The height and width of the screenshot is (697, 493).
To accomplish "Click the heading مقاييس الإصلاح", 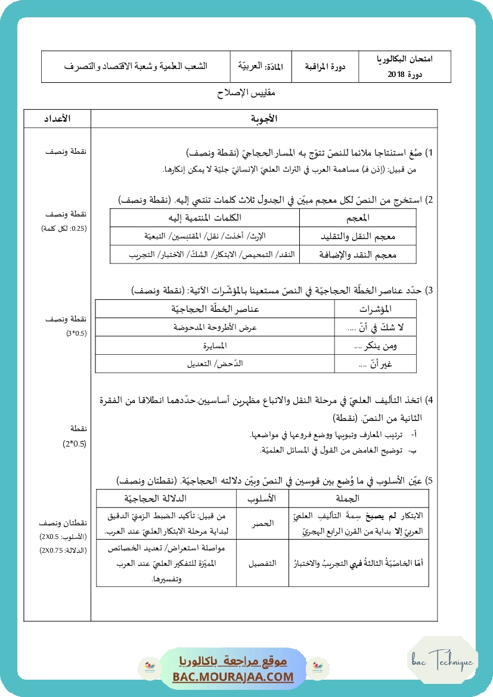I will point(247,94).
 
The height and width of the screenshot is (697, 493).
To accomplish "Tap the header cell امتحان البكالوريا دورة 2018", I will point(405,67).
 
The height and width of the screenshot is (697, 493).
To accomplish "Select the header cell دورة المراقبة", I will point(324,67).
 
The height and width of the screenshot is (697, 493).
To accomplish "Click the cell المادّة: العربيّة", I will point(261,67).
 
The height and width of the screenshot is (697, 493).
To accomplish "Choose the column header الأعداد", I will point(57,119).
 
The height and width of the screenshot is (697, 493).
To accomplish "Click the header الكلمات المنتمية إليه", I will point(206,217).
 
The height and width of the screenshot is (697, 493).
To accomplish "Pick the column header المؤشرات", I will point(376,309).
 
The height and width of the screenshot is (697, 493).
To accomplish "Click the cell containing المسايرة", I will point(215,346).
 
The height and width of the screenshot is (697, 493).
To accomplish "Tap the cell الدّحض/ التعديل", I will point(215,364).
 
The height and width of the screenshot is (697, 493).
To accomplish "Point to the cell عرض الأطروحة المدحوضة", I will point(215,327).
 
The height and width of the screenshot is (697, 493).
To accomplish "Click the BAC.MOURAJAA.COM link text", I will point(233,677).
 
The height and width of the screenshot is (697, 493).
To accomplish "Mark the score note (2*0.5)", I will point(74,444).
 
